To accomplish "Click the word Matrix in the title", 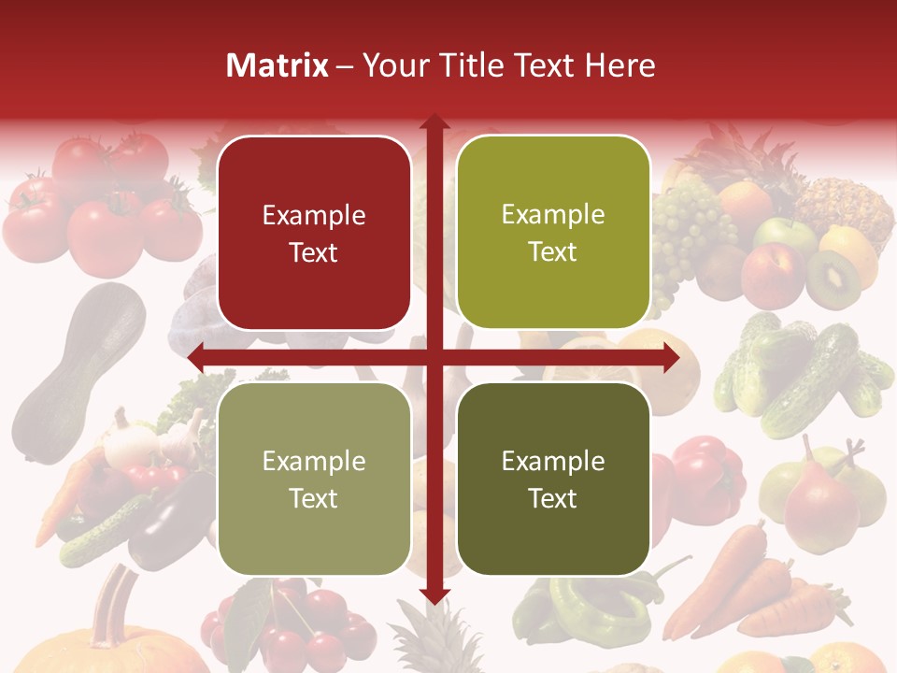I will tap(278, 65).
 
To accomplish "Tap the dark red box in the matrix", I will tap(314, 233).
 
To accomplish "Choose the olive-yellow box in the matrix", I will tap(553, 233).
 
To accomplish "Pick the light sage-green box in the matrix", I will tap(314, 479).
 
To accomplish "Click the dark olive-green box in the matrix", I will tap(553, 479).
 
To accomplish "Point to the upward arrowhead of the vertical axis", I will tap(434, 122).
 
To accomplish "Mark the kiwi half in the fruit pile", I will tap(833, 278).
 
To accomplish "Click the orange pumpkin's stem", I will tap(116, 598).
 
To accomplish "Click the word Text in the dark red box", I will tap(314, 253).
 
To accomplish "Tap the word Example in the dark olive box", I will tap(553, 461).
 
